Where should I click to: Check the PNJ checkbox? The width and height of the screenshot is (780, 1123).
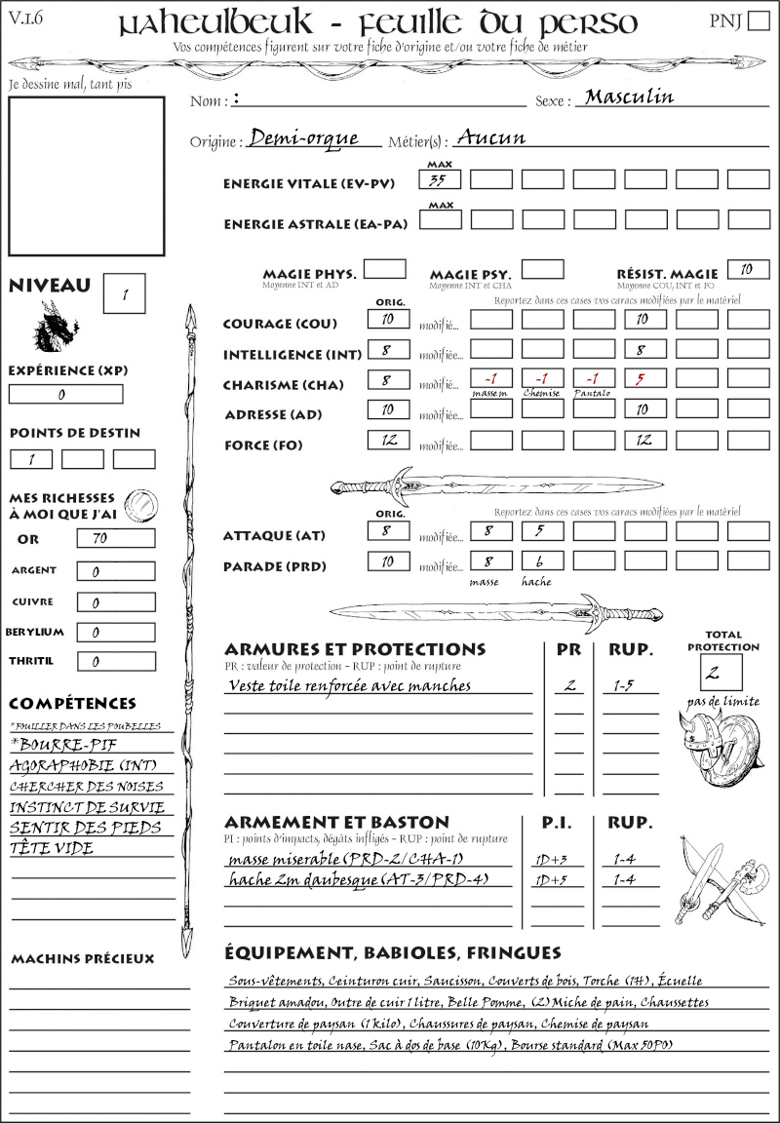pos(757,21)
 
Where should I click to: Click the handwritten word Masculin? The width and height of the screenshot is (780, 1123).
pos(629,97)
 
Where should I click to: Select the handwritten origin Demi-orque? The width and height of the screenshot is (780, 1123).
pos(303,138)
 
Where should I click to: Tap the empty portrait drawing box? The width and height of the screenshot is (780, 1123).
pos(86,174)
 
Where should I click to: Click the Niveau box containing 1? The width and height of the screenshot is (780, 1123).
pos(125,292)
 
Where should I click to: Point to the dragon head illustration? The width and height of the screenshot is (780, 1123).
pos(56,328)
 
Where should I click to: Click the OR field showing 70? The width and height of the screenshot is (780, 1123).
pos(115,538)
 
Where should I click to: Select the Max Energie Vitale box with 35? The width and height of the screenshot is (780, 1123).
pos(440,179)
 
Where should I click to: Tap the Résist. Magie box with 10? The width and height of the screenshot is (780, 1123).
pos(748,269)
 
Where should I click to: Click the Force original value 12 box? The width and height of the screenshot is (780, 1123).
pos(388,441)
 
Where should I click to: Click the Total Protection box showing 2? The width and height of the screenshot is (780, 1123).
pos(721,672)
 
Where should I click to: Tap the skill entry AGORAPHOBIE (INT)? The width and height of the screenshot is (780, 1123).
pos(83,766)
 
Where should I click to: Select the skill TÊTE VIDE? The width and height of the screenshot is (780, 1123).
pos(52,848)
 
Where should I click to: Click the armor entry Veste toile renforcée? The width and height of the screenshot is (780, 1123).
pos(349,685)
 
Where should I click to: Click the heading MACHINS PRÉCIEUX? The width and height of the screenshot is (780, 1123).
pos(82,959)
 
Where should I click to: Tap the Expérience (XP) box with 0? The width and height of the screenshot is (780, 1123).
pos(65,394)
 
